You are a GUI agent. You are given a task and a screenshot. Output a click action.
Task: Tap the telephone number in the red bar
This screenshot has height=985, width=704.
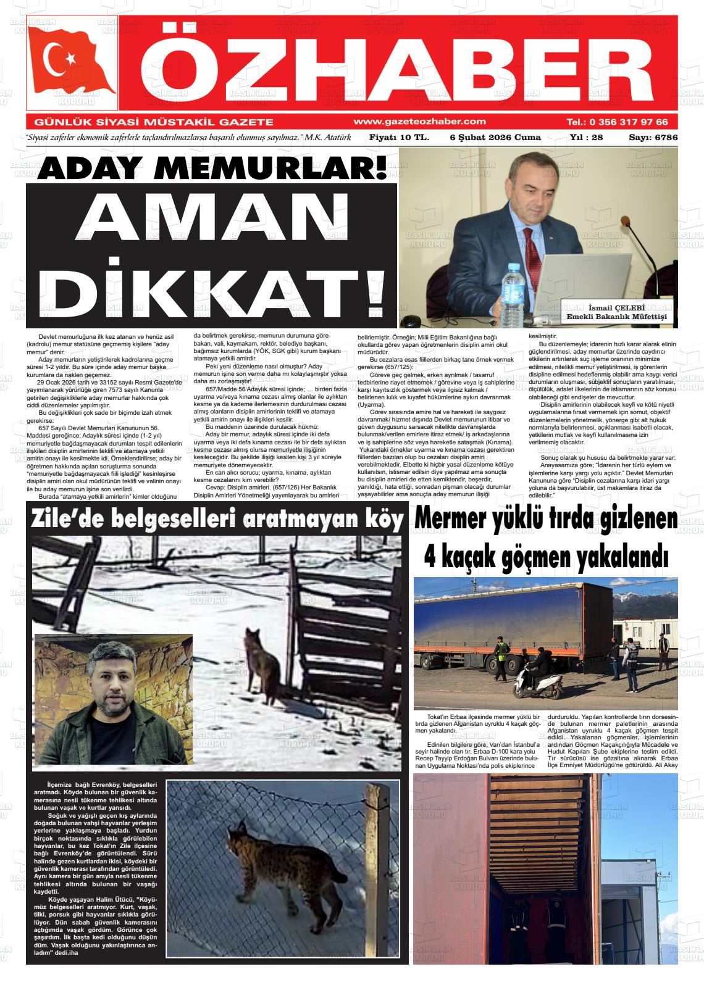(x=617, y=122)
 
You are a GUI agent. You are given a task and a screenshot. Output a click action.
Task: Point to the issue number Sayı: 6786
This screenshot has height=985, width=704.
(x=653, y=137)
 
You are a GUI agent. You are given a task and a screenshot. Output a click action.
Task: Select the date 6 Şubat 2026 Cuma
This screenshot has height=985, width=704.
(x=495, y=137)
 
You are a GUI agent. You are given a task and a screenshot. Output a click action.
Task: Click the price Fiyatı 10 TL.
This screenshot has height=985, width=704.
(x=398, y=137)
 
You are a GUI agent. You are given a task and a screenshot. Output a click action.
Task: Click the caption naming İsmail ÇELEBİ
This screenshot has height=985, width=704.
(x=618, y=312)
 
